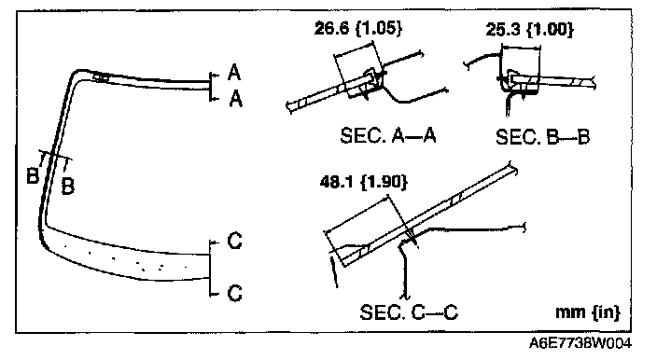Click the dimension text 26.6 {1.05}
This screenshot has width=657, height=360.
(358, 29)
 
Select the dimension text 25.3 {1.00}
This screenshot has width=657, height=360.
(530, 29)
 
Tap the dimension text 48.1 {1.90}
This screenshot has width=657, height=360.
(364, 182)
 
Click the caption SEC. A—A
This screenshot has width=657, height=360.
(388, 135)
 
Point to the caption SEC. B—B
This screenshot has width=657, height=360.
(542, 137)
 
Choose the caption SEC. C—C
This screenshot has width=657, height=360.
(409, 312)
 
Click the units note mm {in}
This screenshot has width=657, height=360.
(587, 312)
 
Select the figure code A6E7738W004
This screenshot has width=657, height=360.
(580, 343)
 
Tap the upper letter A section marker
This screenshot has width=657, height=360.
(234, 73)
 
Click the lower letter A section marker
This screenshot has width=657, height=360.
(236, 99)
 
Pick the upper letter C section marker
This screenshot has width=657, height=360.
(234, 242)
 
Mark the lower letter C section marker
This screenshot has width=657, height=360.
(234, 293)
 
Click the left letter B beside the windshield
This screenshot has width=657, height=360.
(33, 175)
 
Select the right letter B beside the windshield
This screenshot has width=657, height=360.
(67, 186)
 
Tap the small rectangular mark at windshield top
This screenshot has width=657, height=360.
(101, 77)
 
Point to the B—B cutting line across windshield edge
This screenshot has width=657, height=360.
(55, 155)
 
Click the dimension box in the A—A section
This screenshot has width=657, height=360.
(358, 69)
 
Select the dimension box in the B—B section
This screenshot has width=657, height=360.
(521, 67)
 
